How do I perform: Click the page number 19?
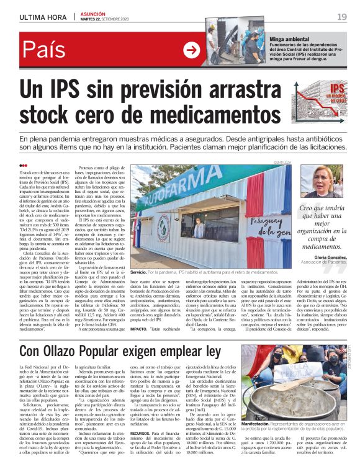pyautogui.click(x=342, y=16)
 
